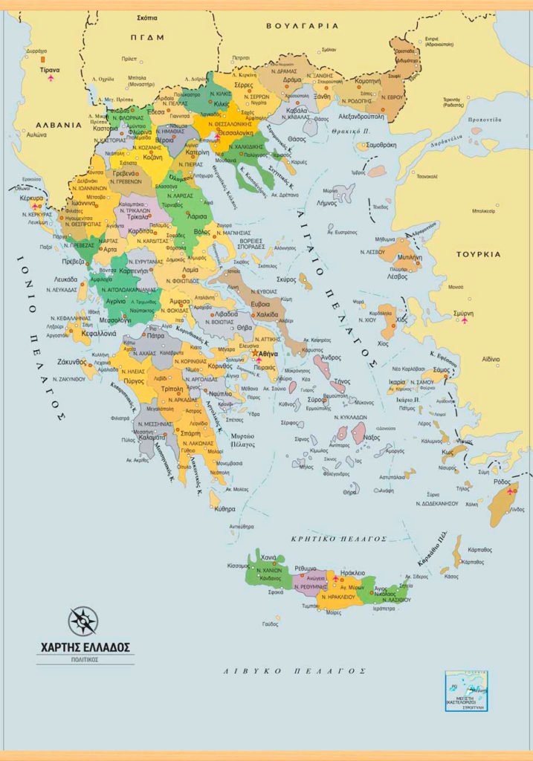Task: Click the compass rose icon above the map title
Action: point(83,621)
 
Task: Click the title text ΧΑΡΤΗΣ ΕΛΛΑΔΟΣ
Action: point(85,646)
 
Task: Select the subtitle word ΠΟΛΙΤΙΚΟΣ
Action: point(85,659)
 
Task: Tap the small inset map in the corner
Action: point(466,692)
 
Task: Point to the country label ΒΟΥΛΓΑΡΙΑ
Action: point(302,25)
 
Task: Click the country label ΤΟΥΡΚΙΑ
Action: point(479,253)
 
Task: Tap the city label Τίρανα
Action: point(50,70)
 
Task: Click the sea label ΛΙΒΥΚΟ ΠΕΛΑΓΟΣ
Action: point(295,670)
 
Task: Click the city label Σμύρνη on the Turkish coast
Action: point(463,314)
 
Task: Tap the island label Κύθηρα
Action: point(224,509)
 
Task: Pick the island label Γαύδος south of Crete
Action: point(270,624)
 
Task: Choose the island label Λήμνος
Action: point(327,202)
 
